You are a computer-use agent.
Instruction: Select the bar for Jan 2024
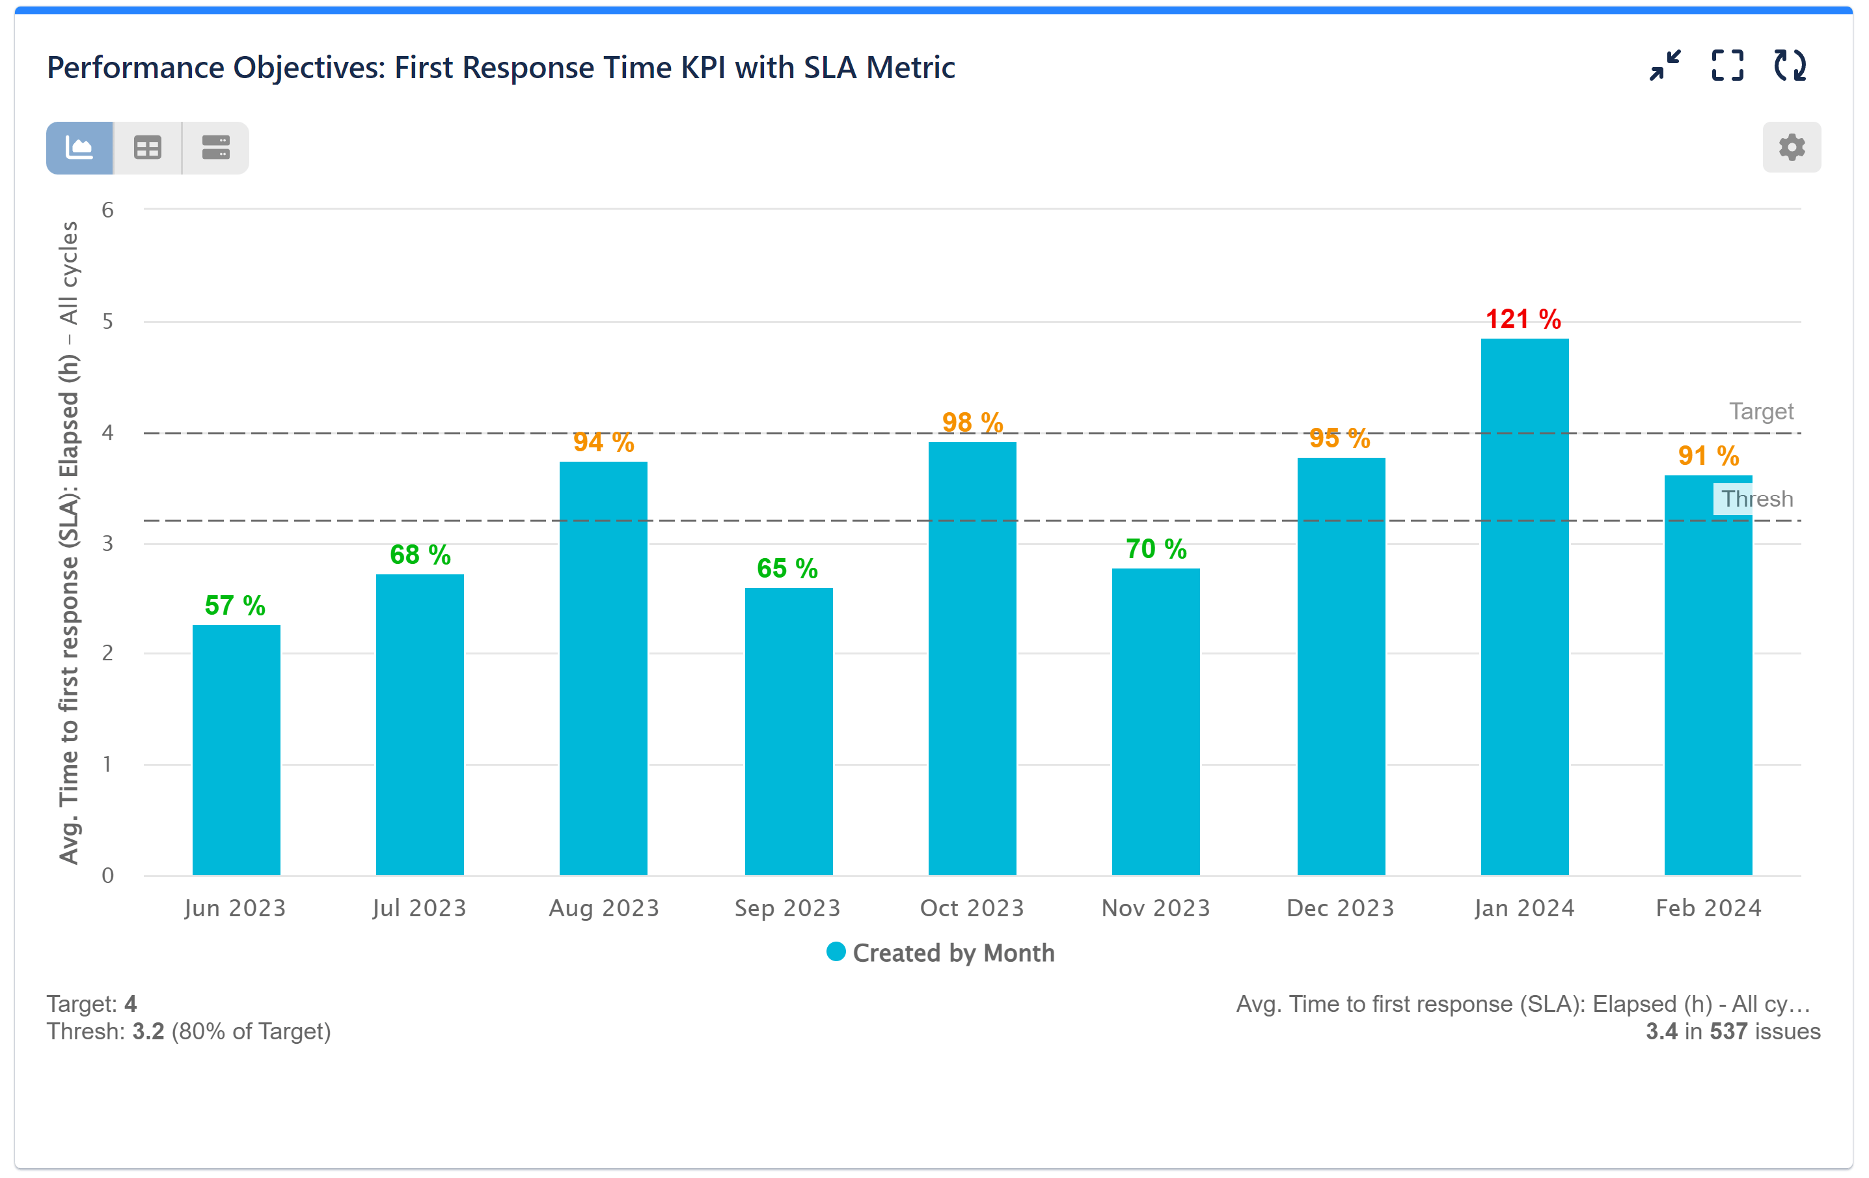(x=1523, y=606)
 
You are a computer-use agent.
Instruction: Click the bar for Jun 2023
(x=236, y=750)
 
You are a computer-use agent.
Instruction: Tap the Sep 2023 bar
(x=788, y=730)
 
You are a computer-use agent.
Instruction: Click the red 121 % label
(x=1523, y=319)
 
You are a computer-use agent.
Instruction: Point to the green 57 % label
(x=234, y=605)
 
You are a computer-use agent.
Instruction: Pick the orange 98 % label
(x=972, y=423)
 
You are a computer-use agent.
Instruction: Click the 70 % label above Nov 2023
(x=1156, y=549)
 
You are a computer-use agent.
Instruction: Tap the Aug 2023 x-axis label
(x=604, y=908)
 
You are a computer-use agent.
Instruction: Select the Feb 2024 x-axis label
(x=1708, y=908)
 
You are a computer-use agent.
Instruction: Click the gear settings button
(x=1791, y=147)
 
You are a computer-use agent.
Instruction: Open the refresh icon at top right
(x=1789, y=66)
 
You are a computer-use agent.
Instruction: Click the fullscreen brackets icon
(x=1727, y=66)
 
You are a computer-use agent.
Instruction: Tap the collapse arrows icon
(x=1665, y=66)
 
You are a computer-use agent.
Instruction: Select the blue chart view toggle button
(x=80, y=148)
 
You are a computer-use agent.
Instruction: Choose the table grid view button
(x=148, y=148)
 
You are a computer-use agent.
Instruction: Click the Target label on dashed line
(x=1760, y=411)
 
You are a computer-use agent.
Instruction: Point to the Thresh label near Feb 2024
(x=1756, y=499)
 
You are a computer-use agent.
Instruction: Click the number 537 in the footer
(x=1728, y=1031)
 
